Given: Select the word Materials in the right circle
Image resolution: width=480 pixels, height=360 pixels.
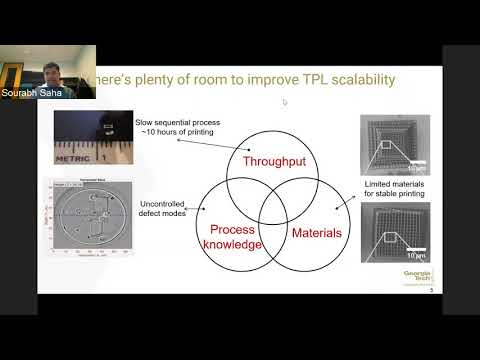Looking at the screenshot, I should pyautogui.click(x=317, y=233).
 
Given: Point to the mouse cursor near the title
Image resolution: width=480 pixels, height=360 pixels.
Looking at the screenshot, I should pyautogui.click(x=286, y=101).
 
